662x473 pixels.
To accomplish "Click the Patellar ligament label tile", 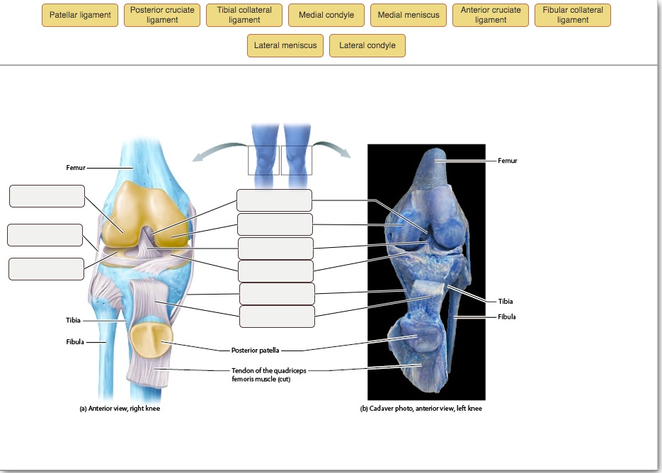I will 80,16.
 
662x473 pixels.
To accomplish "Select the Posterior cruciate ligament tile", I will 162,16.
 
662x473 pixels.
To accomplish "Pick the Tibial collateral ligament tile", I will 244,16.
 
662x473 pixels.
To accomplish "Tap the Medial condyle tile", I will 326,16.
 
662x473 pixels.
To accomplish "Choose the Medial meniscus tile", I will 409,16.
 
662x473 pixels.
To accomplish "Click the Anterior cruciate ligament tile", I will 491,16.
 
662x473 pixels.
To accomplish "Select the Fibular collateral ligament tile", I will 573,16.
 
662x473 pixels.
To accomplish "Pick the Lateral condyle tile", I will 367,46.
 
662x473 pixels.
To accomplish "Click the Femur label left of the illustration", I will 75,168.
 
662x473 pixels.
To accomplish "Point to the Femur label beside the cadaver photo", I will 507,161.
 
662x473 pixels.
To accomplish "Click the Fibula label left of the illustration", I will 75,342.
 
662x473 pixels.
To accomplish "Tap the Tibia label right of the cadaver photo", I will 506,302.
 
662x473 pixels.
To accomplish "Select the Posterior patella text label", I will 256,350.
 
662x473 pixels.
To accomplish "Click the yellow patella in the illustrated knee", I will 150,339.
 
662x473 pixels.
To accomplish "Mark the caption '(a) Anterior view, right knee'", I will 120,409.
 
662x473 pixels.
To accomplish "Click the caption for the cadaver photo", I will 421,409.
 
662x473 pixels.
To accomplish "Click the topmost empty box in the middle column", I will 274,200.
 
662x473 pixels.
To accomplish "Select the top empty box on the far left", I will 47,196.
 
